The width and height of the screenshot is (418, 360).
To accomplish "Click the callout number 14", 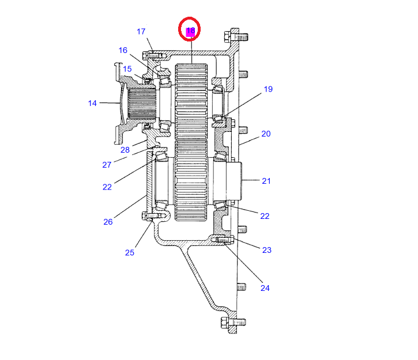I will pos(92,103).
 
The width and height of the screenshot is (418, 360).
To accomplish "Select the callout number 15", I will pos(127,69).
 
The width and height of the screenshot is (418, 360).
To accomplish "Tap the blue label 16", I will pos(123,50).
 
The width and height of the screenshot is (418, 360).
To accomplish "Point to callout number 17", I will pos(141,32).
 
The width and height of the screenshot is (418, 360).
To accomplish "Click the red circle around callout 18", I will pos(190,31).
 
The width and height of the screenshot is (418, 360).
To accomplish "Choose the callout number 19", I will pos(268,89).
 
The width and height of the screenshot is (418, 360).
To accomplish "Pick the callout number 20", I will pos(266,134).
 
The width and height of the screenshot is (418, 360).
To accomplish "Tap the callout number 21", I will pos(266,181).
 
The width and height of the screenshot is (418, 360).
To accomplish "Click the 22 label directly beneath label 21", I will pos(265,216).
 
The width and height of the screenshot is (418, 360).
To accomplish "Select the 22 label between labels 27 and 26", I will pos(107,187).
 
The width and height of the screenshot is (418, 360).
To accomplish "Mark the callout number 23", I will pos(266,250).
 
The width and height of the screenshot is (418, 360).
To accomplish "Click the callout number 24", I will pos(265,288).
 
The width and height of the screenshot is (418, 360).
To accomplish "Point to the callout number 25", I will pos(130,252).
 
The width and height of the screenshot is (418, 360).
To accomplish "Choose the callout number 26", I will pos(108,222).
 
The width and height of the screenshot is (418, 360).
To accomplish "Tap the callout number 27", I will pos(107,165).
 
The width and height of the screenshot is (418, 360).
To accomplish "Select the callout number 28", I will pos(125,150).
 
